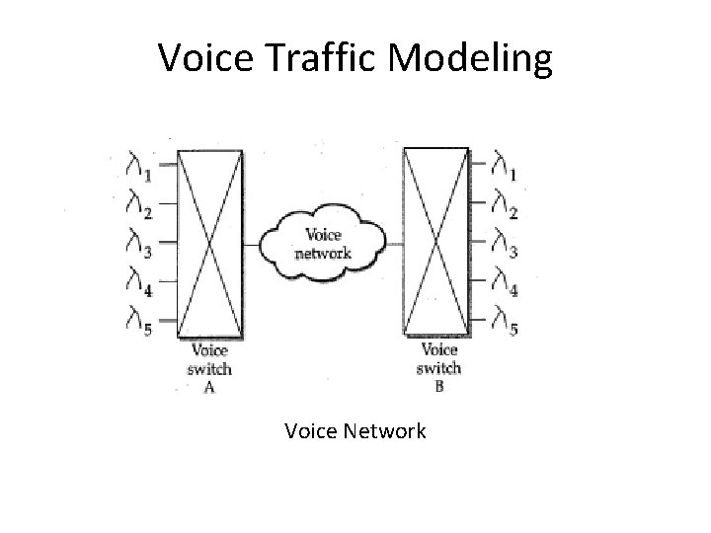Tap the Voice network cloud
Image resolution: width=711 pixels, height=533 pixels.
[x=323, y=242]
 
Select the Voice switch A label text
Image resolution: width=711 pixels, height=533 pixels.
[x=209, y=368]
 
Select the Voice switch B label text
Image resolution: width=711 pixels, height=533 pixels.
[x=438, y=367]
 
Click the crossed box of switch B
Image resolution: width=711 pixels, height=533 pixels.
[x=436, y=243]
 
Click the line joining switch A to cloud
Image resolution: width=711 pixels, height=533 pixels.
[x=252, y=243]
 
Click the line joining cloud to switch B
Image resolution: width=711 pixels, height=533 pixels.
[x=393, y=243]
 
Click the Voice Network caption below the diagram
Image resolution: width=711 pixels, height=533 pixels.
[x=355, y=431]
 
